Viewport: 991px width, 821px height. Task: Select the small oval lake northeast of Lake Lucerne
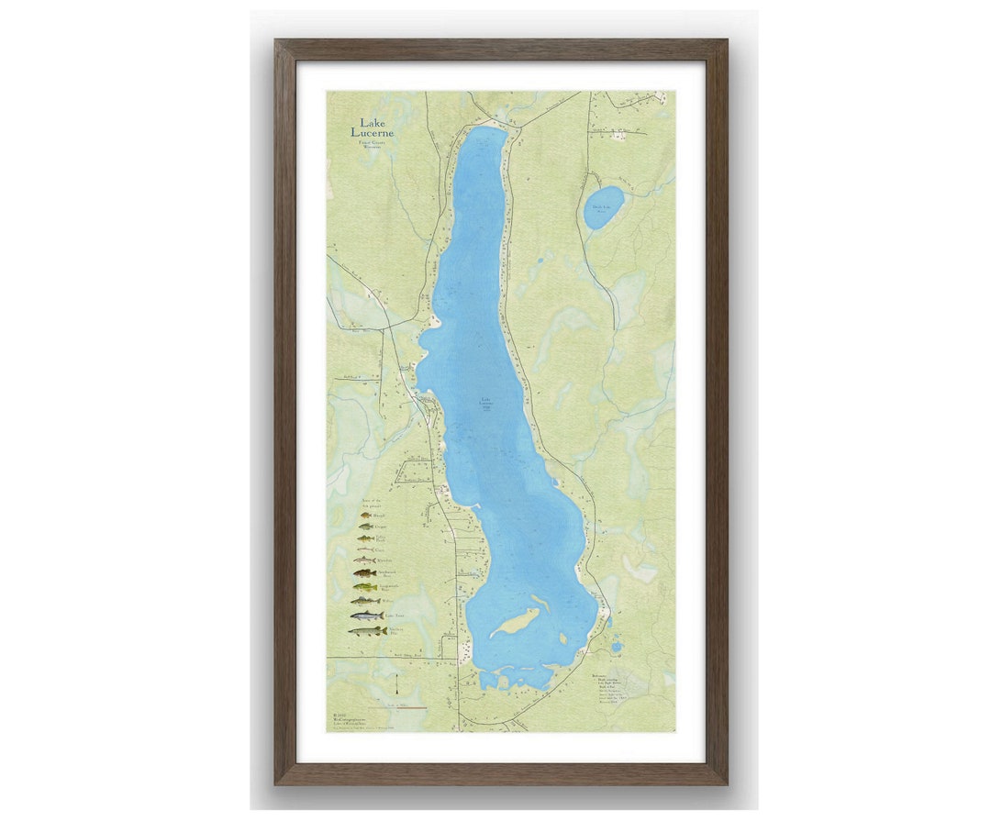tap(604, 207)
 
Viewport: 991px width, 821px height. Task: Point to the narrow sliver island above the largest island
tap(540, 603)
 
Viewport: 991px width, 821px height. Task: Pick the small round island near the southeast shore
tap(562, 637)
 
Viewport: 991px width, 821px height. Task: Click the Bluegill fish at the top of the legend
tap(365, 516)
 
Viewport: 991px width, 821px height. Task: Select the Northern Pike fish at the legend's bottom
tap(367, 631)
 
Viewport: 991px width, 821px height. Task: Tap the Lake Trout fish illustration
tap(367, 616)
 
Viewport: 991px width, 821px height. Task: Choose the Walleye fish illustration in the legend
tap(365, 601)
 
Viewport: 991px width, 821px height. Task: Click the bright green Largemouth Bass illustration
tap(365, 587)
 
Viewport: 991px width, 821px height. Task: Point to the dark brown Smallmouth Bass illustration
tap(365, 573)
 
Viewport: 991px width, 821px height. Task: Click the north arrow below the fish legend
tap(396, 686)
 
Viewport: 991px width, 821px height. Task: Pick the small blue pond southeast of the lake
tap(616, 647)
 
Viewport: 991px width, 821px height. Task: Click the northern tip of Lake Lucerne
tap(486, 132)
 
